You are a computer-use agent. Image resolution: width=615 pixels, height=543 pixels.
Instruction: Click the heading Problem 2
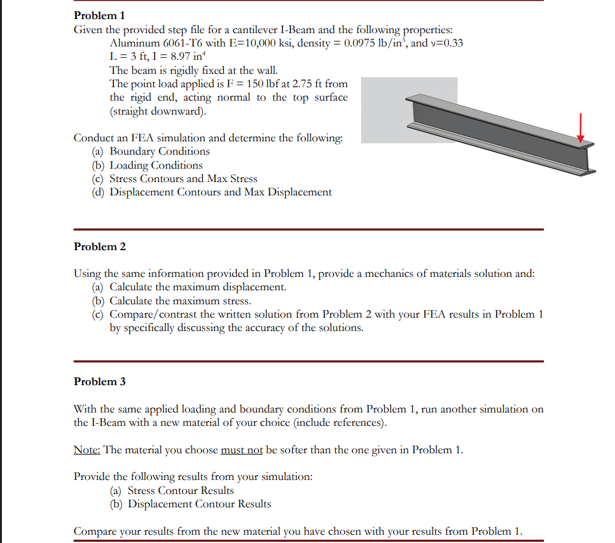pos(100,246)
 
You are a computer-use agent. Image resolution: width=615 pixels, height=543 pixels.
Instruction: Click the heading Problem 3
pos(100,381)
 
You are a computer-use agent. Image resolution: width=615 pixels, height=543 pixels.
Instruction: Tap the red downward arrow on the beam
pos(580,128)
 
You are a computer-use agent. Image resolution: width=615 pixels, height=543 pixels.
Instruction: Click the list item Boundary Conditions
pos(160,152)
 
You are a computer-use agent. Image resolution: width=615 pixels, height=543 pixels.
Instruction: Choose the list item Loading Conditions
pos(156,166)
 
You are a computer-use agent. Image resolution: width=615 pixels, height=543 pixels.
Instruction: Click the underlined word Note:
pos(87,450)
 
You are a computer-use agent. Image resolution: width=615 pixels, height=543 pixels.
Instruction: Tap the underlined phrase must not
pos(242,450)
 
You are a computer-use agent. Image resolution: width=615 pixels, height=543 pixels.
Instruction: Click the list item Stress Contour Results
pos(181,490)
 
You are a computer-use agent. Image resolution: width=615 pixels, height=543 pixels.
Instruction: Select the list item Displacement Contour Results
pos(199,504)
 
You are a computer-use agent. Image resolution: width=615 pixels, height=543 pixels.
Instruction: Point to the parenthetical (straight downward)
pos(158,111)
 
